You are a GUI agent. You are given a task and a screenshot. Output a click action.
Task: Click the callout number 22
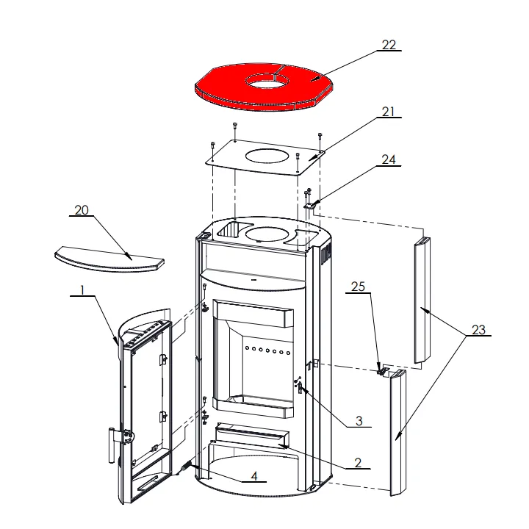pyautogui.click(x=389, y=45)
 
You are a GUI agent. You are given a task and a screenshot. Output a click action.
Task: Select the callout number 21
pyautogui.click(x=388, y=112)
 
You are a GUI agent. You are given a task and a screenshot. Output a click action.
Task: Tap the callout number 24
pyautogui.click(x=389, y=159)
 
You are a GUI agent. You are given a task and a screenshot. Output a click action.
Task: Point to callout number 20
pyautogui.click(x=82, y=210)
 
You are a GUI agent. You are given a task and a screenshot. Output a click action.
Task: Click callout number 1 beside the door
pyautogui.click(x=82, y=289)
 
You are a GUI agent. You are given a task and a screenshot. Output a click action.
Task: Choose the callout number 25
pyautogui.click(x=358, y=287)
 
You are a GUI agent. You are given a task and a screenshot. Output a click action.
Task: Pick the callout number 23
pyautogui.click(x=478, y=330)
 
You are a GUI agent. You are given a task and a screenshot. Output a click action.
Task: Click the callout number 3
pyautogui.click(x=359, y=421)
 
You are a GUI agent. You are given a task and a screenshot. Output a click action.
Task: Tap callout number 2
pyautogui.click(x=358, y=463)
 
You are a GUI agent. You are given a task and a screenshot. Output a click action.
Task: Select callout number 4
pyautogui.click(x=254, y=475)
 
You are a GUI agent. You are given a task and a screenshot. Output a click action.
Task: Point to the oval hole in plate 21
pyautogui.click(x=267, y=156)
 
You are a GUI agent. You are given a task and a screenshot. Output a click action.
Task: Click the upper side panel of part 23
pyautogui.click(x=422, y=300)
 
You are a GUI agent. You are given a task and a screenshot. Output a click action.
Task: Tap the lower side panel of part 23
pyautogui.click(x=398, y=433)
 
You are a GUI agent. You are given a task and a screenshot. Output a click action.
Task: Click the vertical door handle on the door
pyautogui.click(x=112, y=445)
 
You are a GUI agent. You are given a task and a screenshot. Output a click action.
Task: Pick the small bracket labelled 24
pyautogui.click(x=310, y=205)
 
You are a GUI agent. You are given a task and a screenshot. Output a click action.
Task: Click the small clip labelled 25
pyautogui.click(x=381, y=371)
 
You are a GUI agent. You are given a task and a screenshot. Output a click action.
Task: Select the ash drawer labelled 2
pyautogui.click(x=252, y=434)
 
